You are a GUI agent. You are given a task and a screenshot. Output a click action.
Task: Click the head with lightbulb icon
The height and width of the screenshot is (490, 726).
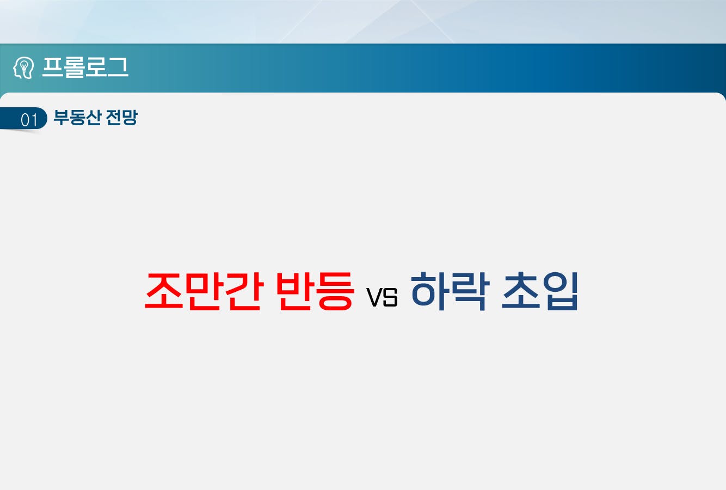(23, 68)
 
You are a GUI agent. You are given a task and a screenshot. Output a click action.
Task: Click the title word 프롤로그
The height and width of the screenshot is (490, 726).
(85, 68)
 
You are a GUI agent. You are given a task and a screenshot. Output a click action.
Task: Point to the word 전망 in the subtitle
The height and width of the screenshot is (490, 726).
(121, 117)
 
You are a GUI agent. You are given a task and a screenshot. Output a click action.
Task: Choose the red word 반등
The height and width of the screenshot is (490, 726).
(315, 291)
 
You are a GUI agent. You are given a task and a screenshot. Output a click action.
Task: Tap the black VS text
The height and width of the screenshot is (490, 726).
(382, 297)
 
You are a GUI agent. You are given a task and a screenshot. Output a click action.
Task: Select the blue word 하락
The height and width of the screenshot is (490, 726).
(450, 291)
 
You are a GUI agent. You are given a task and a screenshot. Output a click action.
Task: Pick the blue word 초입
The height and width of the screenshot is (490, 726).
(540, 291)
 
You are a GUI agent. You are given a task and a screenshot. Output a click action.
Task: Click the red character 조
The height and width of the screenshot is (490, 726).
(164, 291)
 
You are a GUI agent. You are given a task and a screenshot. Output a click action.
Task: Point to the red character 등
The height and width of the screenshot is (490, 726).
(335, 291)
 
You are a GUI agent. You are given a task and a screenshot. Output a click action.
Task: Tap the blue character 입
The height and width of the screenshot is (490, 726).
(560, 291)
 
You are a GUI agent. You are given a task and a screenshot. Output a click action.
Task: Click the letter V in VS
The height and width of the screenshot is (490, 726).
(374, 297)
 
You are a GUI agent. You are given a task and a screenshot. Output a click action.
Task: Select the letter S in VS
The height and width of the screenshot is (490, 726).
(390, 297)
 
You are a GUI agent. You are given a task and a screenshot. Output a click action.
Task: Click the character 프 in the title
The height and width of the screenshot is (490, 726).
(52, 67)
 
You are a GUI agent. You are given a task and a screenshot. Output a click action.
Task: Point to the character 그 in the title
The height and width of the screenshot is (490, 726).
(118, 67)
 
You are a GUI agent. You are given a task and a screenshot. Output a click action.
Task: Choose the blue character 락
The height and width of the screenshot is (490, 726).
(471, 291)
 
